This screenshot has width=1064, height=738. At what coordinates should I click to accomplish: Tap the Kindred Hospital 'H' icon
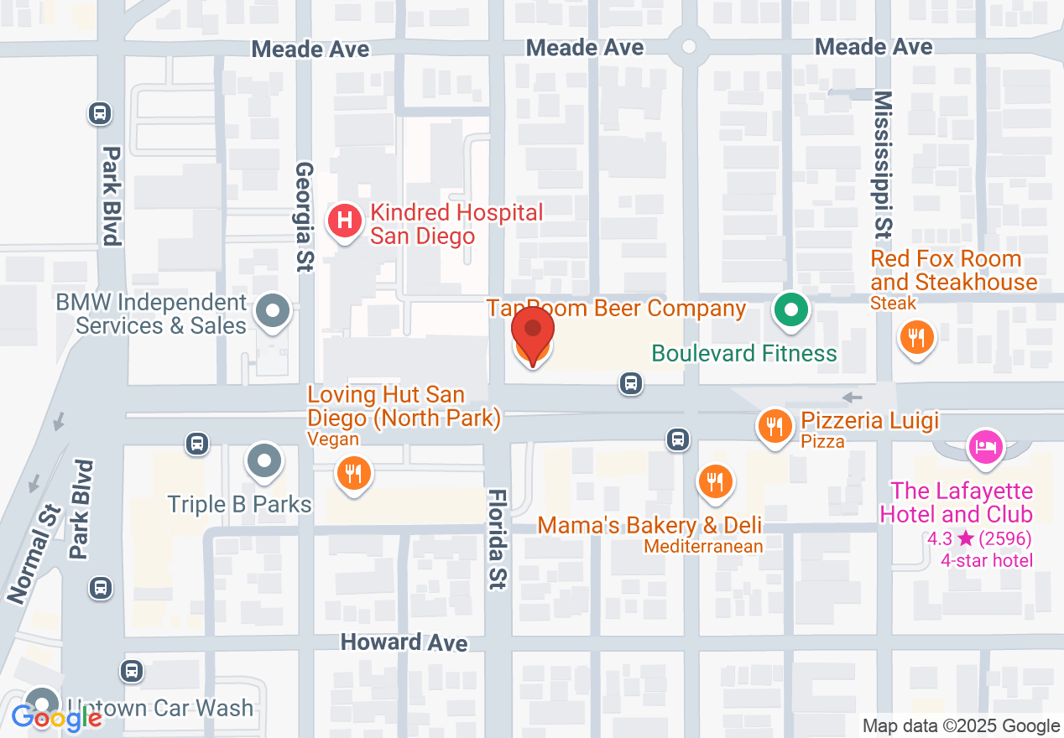click(x=344, y=221)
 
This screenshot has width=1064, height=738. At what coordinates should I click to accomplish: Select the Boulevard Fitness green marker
click(x=790, y=310)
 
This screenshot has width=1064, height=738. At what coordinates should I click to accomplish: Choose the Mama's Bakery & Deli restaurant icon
click(x=714, y=481)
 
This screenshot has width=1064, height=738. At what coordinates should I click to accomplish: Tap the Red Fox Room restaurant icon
click(x=916, y=339)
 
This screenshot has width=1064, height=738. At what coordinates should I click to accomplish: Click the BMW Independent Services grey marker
click(x=272, y=311)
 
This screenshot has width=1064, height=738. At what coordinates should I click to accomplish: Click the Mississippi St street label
click(x=883, y=164)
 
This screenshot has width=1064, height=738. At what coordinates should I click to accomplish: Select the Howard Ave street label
click(x=404, y=642)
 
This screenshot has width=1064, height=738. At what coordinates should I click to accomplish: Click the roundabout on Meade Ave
click(x=691, y=46)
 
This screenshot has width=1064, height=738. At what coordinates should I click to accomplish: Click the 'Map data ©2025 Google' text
click(x=961, y=726)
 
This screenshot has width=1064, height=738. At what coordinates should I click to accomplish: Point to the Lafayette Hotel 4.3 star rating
click(x=979, y=538)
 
